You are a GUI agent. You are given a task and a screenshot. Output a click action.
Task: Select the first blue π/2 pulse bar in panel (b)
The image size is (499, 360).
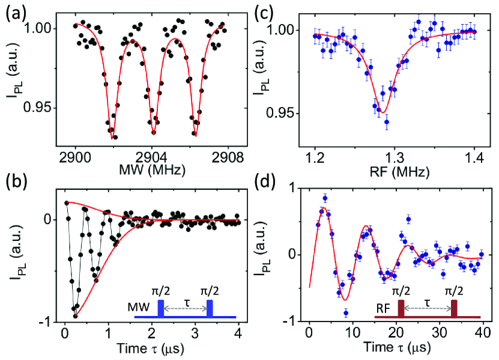pyautogui.click(x=160, y=308)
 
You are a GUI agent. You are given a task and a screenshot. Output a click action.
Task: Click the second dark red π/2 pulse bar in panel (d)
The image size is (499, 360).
pyautogui.click(x=455, y=308)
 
